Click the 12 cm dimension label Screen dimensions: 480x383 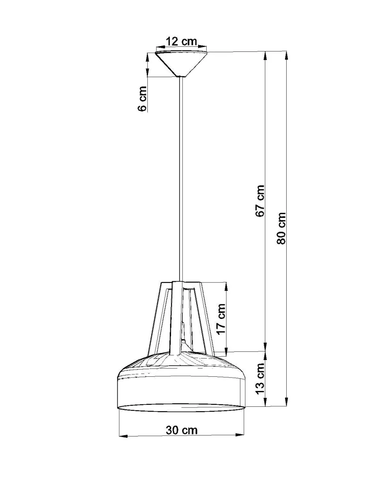click(x=181, y=42)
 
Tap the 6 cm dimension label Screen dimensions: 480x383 click(x=143, y=99)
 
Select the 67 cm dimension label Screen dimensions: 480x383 click(x=260, y=200)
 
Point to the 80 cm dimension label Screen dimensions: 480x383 click(x=281, y=228)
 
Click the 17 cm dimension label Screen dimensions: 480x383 click(x=221, y=319)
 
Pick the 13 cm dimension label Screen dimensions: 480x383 click(x=259, y=379)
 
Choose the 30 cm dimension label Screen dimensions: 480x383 click(x=182, y=430)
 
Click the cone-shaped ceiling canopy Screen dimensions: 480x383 click(x=181, y=61)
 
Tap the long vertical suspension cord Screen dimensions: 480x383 click(x=181, y=178)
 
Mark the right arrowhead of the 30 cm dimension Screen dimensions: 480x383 click(x=240, y=435)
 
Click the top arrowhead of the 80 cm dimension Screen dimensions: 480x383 click(x=286, y=55)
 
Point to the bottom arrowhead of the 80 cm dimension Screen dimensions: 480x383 click(x=286, y=402)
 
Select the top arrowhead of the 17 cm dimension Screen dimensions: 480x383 click(x=226, y=286)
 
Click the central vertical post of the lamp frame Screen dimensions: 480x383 click(x=177, y=317)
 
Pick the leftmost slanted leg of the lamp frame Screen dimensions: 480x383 click(x=155, y=317)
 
